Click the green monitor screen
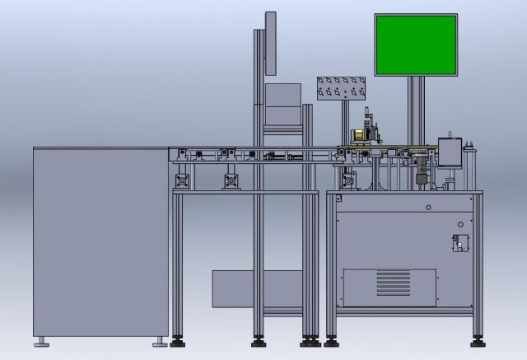pos(416,45)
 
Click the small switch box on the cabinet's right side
pos(460,241)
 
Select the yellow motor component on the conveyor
pos(359,135)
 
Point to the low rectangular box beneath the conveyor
pos(232,288)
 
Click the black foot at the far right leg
pos(478,339)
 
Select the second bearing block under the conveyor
pos(231,179)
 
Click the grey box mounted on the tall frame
pos(282,105)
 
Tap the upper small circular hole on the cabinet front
pos(428,205)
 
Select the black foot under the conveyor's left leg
pos(176,339)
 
